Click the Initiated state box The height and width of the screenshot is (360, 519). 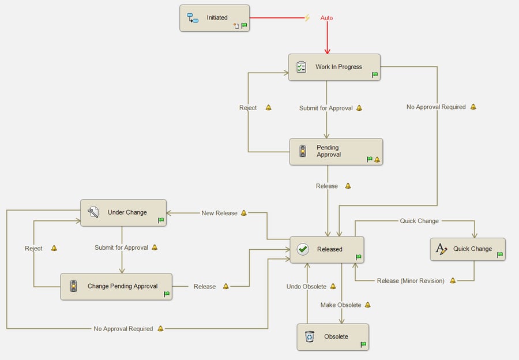(215, 18)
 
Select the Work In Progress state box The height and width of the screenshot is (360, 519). (334, 67)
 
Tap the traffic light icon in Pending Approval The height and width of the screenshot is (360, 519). (302, 152)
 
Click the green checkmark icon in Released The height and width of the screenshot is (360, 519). (303, 249)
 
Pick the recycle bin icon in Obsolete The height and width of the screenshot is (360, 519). (310, 336)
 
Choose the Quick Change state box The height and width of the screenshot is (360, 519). (468, 249)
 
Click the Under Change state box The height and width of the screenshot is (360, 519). (123, 212)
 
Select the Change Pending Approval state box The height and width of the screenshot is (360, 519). (116, 286)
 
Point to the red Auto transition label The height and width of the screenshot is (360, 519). (326, 18)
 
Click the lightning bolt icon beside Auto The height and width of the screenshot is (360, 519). (307, 18)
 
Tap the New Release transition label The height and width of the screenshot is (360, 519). (219, 213)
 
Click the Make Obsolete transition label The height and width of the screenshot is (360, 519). (341, 305)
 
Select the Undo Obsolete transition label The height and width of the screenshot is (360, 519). (306, 287)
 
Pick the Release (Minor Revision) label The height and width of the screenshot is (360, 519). (411, 281)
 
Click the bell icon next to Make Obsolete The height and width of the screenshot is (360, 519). (367, 305)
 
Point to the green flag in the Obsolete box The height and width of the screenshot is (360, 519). (363, 344)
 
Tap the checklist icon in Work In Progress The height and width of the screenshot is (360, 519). (301, 67)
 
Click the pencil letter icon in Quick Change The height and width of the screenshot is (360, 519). (442, 249)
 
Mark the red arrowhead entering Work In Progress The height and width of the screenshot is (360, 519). (328, 51)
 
